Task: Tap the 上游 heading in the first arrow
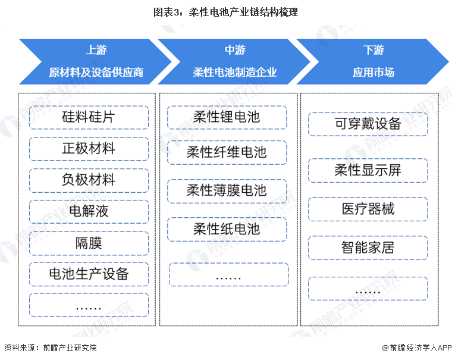point(96,50)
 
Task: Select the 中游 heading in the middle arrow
point(236,50)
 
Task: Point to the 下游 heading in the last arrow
point(373,50)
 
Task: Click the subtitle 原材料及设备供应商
point(96,72)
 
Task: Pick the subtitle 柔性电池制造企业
point(235,72)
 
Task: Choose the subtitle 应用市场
point(373,72)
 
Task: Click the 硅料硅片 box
point(89,117)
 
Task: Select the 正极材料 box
point(89,149)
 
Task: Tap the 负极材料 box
point(89,180)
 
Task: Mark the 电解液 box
point(89,211)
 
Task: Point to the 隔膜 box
point(89,243)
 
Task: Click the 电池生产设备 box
point(89,274)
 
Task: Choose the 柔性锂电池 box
point(227,117)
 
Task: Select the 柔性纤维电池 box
point(227,152)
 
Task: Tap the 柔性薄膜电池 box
point(227,191)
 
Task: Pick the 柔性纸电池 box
point(227,229)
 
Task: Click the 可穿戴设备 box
point(368,124)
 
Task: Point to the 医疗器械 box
point(368,209)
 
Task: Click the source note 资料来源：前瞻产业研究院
point(51,348)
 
